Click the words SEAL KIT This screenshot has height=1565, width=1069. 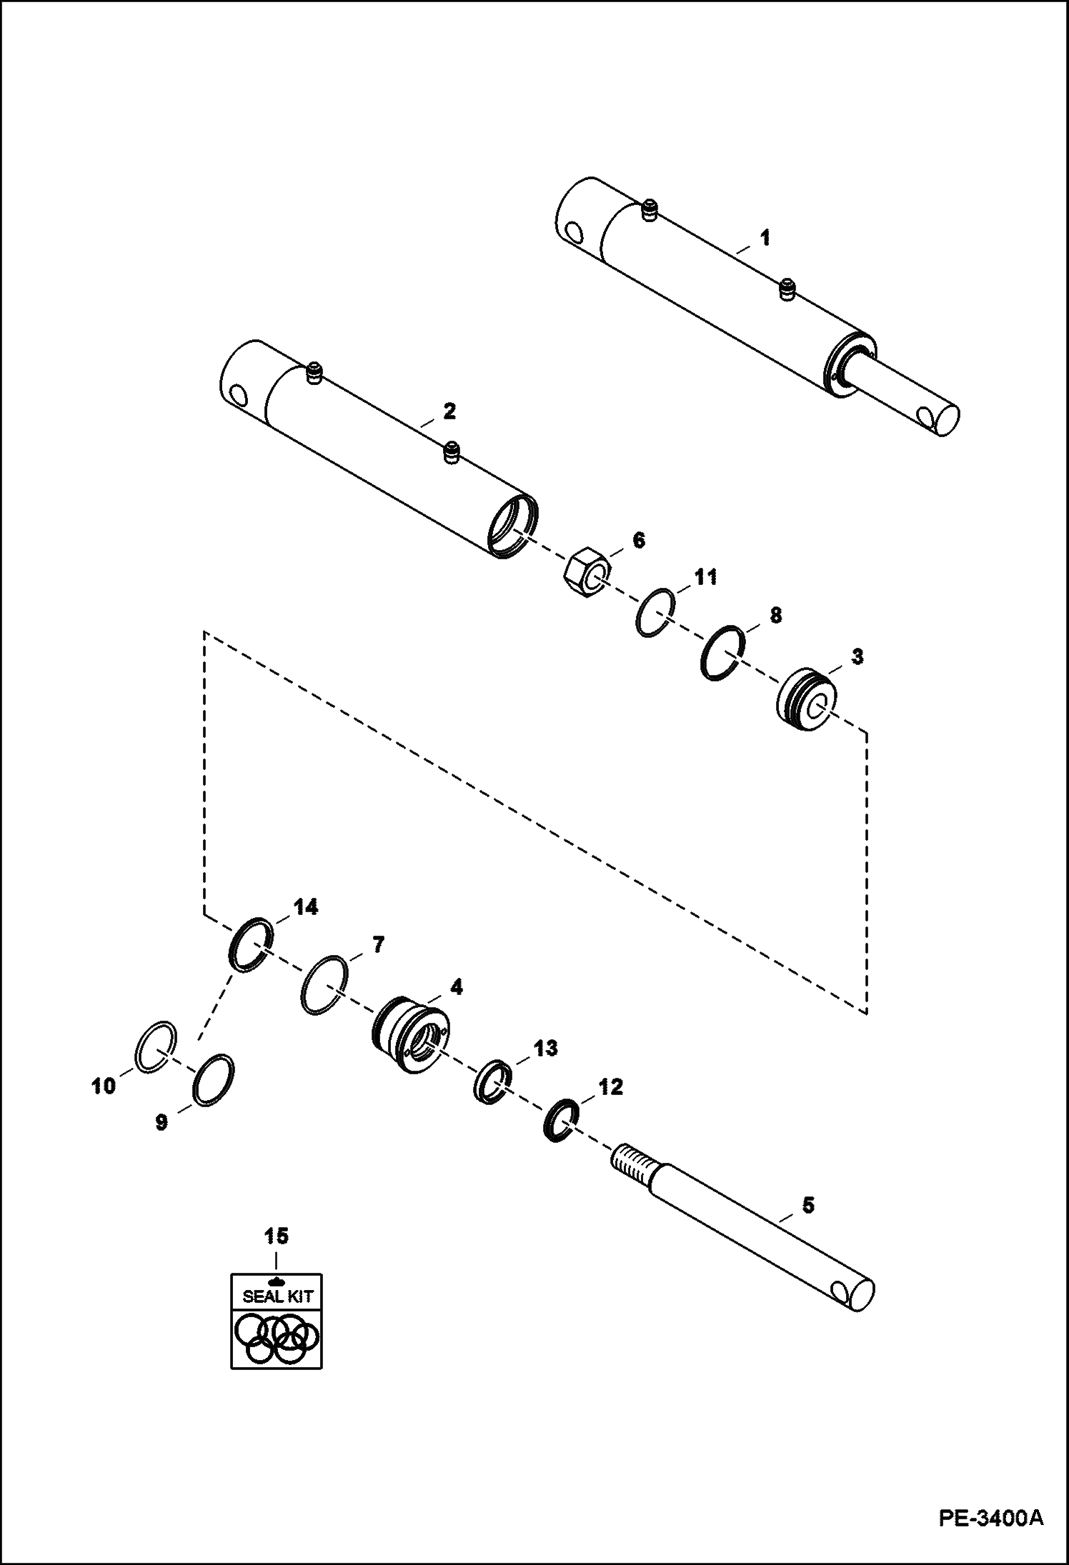(278, 1296)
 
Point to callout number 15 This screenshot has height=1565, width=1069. (277, 1235)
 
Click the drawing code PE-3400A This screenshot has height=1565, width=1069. (990, 1532)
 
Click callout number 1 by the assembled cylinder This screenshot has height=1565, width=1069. (765, 237)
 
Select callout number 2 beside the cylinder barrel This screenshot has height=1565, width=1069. (449, 412)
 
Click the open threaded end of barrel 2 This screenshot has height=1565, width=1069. (512, 526)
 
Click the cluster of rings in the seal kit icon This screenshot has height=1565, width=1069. (277, 1337)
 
